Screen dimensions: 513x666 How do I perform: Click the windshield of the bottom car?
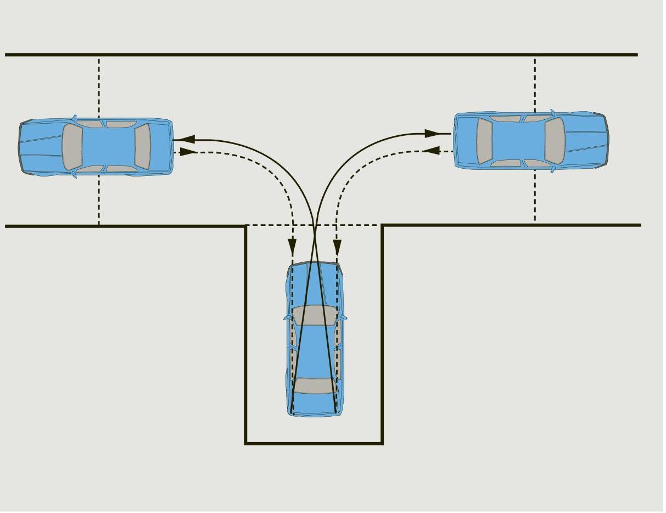[x=315, y=315]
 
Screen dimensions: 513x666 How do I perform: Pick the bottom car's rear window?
[x=315, y=385]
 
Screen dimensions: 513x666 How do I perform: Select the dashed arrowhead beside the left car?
[x=188, y=152]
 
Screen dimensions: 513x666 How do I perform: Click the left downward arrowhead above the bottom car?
[x=293, y=246]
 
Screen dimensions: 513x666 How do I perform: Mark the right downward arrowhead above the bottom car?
[x=337, y=246]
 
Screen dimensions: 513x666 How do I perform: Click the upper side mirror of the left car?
[x=74, y=117]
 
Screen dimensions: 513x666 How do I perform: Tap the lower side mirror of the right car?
[x=552, y=170]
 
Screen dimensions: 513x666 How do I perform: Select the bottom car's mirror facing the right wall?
[x=344, y=317]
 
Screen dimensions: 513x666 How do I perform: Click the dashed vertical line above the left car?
[x=99, y=88]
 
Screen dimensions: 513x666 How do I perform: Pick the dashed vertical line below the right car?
[x=535, y=195]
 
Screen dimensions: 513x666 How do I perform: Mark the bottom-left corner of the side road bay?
[x=245, y=443]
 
